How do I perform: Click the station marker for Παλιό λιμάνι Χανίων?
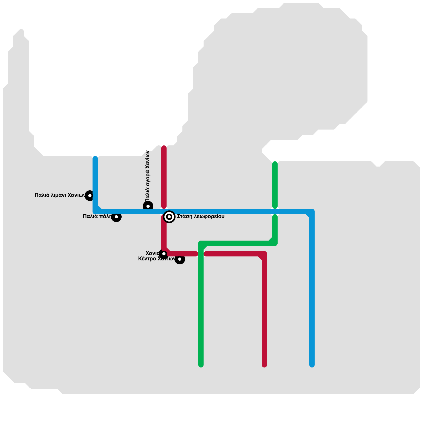[x=90, y=196]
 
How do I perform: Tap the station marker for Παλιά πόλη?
[x=116, y=217]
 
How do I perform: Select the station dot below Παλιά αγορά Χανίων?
[x=148, y=206]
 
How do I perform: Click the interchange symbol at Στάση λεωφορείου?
[x=169, y=217]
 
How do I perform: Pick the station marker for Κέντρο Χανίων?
[x=180, y=259]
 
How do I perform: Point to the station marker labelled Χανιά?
[x=164, y=254]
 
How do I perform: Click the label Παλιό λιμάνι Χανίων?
[x=60, y=195]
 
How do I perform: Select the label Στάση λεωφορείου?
[x=201, y=217]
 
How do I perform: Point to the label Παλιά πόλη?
[x=97, y=217]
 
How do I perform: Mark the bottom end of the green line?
[x=201, y=365]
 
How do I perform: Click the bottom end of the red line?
[x=264, y=365]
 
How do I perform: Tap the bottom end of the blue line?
[x=312, y=365]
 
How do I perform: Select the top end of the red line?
[x=164, y=148]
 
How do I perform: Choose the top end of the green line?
[x=275, y=164]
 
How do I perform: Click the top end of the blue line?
[x=95, y=158]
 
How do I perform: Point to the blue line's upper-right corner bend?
[x=312, y=212]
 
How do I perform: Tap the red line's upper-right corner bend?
[x=264, y=254]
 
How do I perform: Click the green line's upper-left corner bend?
[x=201, y=243]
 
